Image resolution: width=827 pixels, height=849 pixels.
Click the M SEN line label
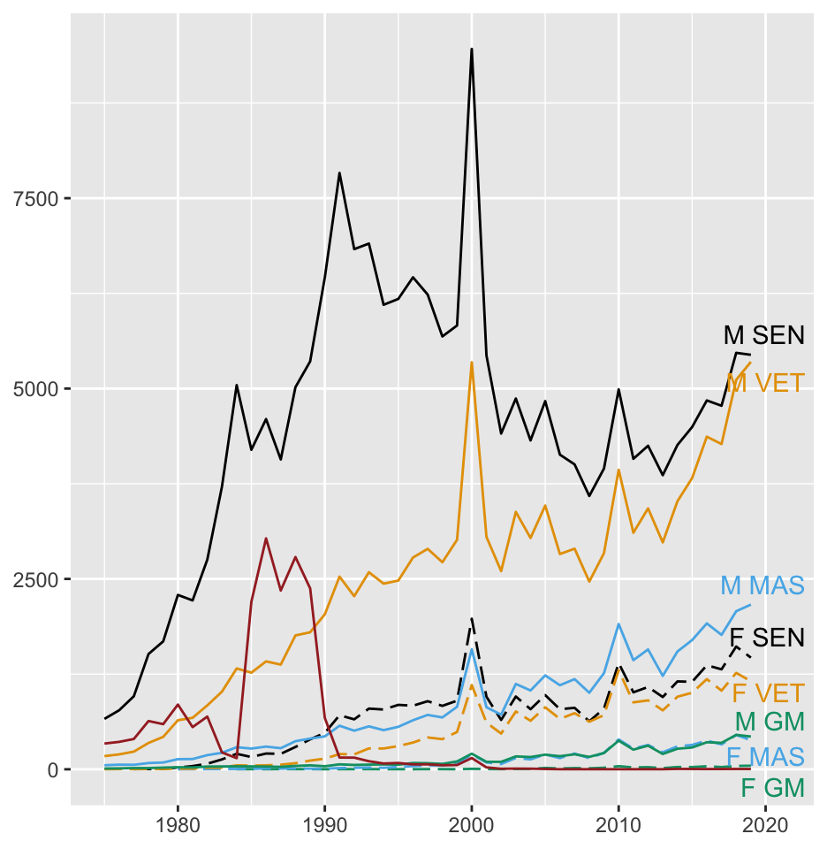click(764, 335)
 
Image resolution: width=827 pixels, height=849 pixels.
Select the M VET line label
click(765, 383)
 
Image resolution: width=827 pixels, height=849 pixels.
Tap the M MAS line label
click(763, 585)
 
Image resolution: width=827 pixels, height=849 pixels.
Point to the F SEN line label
click(766, 638)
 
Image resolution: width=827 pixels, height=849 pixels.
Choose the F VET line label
click(768, 692)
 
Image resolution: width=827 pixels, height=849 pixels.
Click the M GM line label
click(770, 722)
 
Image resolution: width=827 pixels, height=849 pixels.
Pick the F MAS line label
click(765, 756)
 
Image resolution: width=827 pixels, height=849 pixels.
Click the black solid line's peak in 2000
click(472, 49)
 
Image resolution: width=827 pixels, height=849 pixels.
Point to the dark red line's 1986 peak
click(266, 538)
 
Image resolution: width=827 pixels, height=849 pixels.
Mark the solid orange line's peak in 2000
click(472, 362)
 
